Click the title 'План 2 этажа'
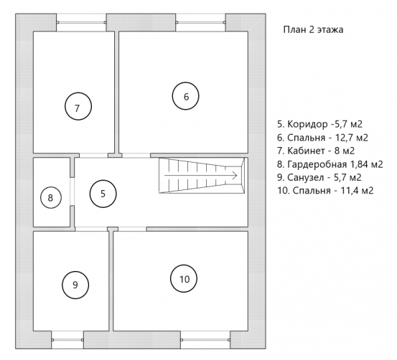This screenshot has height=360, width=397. coord(313,29)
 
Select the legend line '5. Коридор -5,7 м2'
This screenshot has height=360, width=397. coord(319,124)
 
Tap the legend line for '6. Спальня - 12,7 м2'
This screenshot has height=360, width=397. coord(322,138)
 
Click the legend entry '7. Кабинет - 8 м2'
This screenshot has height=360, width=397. coord(316,151)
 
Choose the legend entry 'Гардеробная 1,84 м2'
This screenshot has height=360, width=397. coord(335,164)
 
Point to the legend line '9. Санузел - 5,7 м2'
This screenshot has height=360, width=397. coord(319,177)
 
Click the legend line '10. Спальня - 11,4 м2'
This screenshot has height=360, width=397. coord(325,191)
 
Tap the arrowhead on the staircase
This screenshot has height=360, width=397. coord(235,175)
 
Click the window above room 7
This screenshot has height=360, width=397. coord(81,22)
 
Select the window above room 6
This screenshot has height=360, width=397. coord(200,22)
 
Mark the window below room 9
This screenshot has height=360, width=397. coord(67,340)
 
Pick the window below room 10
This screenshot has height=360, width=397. coord(205,340)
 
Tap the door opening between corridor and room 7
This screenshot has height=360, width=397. coord(93,156)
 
